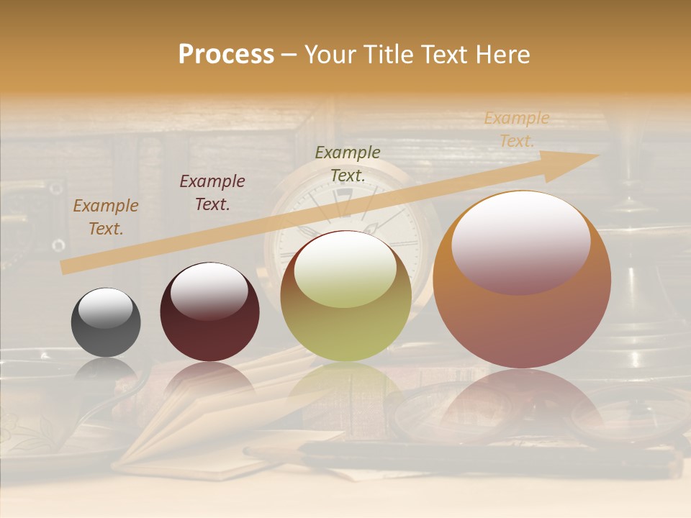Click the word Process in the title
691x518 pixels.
coord(226,55)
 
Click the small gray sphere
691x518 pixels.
coord(106,322)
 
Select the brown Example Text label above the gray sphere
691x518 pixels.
coord(106,217)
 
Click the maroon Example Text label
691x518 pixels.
coord(212,193)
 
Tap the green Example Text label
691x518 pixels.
coord(348,163)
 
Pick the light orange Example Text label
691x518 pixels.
coord(517,129)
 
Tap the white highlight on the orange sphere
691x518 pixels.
coord(521,243)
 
